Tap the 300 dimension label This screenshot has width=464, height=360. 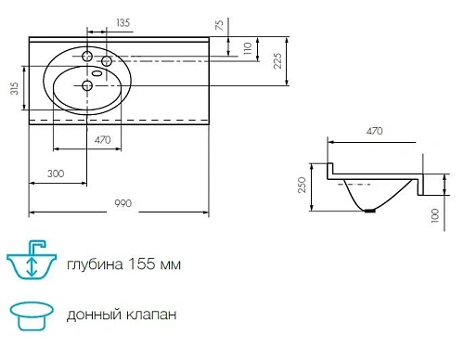coord(57,174)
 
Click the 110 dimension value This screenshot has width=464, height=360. coord(247,48)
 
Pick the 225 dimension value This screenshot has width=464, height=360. coord(277,61)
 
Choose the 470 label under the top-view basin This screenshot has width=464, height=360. coord(103,139)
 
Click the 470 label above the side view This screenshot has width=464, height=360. coord(374,132)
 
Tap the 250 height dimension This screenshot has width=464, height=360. coord(302,186)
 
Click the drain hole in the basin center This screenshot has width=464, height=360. coord(87,86)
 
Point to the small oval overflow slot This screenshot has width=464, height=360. coord(97,72)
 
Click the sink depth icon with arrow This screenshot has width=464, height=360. coord(32,263)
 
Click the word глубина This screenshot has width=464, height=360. coord(90,264)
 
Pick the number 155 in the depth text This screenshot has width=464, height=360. coord(135,264)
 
